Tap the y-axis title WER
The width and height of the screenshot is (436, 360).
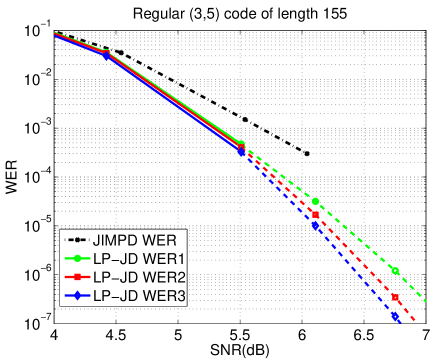pyautogui.click(x=11, y=177)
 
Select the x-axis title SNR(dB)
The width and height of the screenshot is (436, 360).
pyautogui.click(x=239, y=350)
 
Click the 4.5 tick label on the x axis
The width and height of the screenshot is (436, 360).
pyautogui.click(x=116, y=335)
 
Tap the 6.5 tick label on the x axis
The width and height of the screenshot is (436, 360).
pyautogui.click(x=363, y=335)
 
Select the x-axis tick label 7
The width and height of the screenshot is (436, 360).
pyautogui.click(x=425, y=335)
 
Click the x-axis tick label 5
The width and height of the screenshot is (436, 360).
pyautogui.click(x=178, y=335)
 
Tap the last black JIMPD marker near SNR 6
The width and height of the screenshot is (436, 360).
pyautogui.click(x=307, y=153)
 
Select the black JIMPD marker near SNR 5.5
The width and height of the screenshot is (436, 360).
pyautogui.click(x=245, y=119)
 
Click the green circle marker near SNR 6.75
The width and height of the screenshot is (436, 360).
pyautogui.click(x=395, y=271)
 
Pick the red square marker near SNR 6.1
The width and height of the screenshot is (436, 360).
pyautogui.click(x=315, y=215)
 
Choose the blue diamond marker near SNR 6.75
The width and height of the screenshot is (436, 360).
pyautogui.click(x=395, y=316)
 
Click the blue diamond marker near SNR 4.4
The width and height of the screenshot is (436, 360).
pyautogui.click(x=106, y=55)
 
